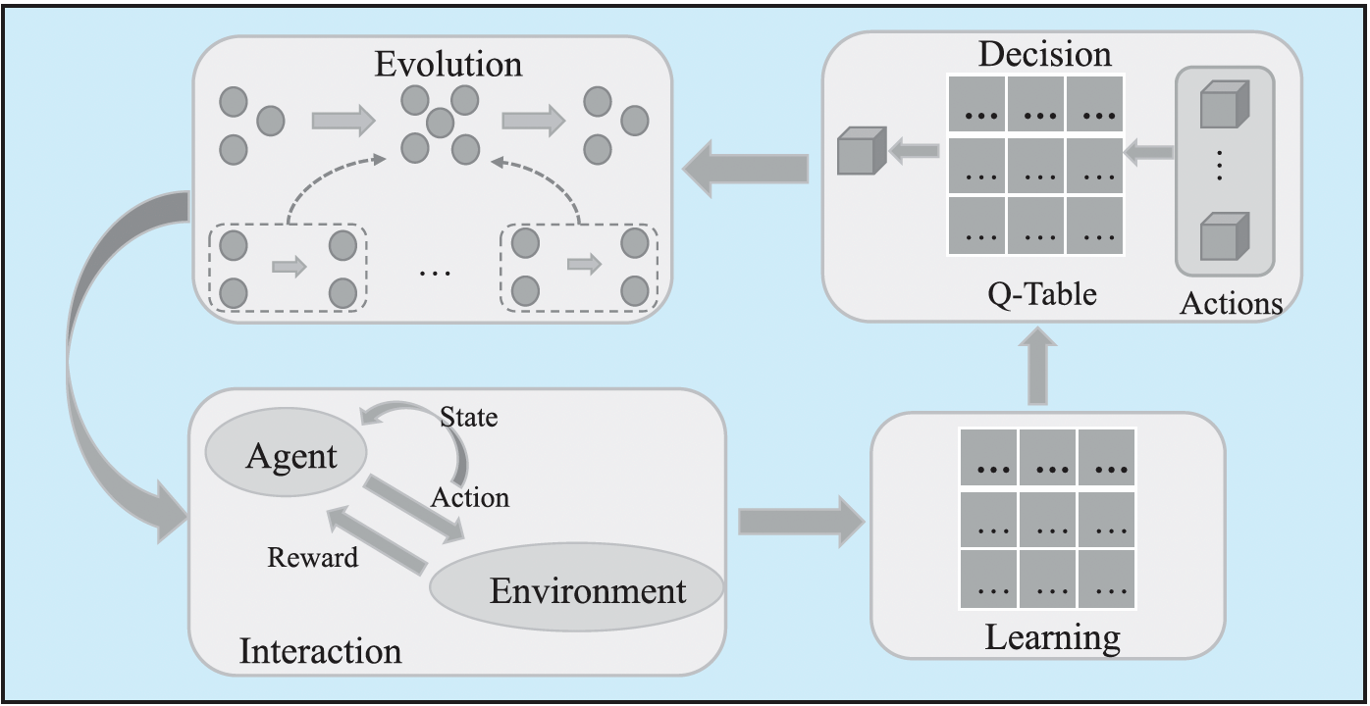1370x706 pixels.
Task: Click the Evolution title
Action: [x=448, y=65]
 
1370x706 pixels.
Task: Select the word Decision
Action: [x=1044, y=53]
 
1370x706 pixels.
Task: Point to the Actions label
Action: [x=1231, y=304]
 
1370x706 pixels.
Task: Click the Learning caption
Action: [x=1052, y=638]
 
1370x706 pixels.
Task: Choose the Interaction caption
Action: [x=320, y=651]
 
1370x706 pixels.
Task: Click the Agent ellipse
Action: [x=286, y=457]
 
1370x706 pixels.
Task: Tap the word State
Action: [x=468, y=418]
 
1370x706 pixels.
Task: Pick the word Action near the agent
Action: [x=470, y=497]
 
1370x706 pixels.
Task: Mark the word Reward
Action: [x=312, y=558]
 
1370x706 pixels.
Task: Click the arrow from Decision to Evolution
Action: [x=746, y=168]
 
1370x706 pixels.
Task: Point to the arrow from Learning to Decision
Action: [x=1042, y=368]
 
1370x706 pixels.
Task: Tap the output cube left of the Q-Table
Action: [x=861, y=152]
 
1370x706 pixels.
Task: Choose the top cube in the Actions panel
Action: [x=1224, y=105]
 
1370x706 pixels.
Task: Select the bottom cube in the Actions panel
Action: [x=1224, y=235]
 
